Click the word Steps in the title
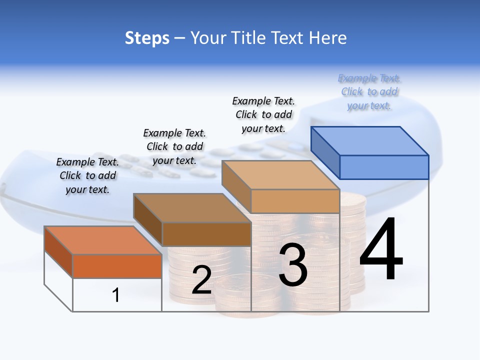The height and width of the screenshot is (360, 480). click(147, 38)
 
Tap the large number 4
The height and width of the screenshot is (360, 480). click(381, 250)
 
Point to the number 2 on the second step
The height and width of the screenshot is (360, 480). click(201, 280)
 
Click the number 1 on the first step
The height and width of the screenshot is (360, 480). click(116, 295)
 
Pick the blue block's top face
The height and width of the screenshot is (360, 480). click(370, 140)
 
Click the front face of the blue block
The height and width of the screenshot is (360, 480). click(384, 167)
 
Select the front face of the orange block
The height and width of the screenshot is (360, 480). click(117, 266)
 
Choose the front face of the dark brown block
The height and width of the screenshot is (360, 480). click(206, 234)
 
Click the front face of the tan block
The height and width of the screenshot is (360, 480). click(295, 201)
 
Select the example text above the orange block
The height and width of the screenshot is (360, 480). click(87, 175)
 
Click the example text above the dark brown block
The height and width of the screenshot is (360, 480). click(174, 146)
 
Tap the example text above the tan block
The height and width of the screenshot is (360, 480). click(263, 114)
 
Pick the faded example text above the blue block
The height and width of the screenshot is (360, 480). click(369, 91)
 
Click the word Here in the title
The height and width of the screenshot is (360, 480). click(328, 38)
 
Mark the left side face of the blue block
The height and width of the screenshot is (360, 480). click(325, 152)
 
